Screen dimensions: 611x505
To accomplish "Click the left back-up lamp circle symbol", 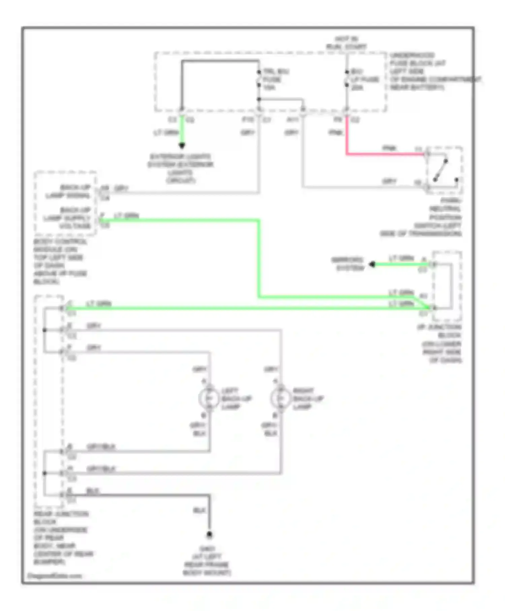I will point(209,398).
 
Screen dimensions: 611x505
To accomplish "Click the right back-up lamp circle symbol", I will point(281,398).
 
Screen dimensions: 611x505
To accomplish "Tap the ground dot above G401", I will point(209,535).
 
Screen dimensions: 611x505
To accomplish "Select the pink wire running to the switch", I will point(384,154).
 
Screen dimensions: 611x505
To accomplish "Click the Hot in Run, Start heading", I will point(346,43).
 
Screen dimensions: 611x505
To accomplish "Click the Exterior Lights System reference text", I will point(181,168).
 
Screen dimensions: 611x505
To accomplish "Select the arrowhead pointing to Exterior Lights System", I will point(182,146).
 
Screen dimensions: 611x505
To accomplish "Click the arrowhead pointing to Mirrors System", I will point(372,264).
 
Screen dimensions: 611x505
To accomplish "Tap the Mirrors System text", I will point(347,264).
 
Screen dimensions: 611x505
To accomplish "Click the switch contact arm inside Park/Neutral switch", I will point(440,170).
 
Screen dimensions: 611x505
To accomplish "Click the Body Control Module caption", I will point(60,261).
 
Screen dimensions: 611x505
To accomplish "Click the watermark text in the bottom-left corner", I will point(54,576).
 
